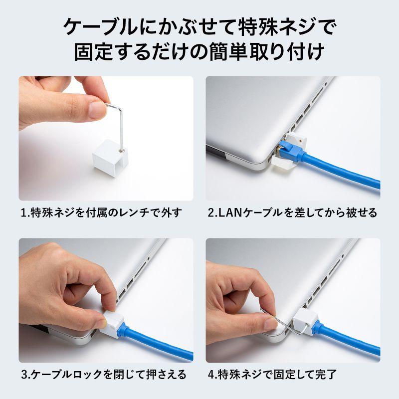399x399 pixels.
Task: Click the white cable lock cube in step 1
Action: (x=110, y=155)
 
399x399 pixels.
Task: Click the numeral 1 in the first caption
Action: (x=23, y=213)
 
